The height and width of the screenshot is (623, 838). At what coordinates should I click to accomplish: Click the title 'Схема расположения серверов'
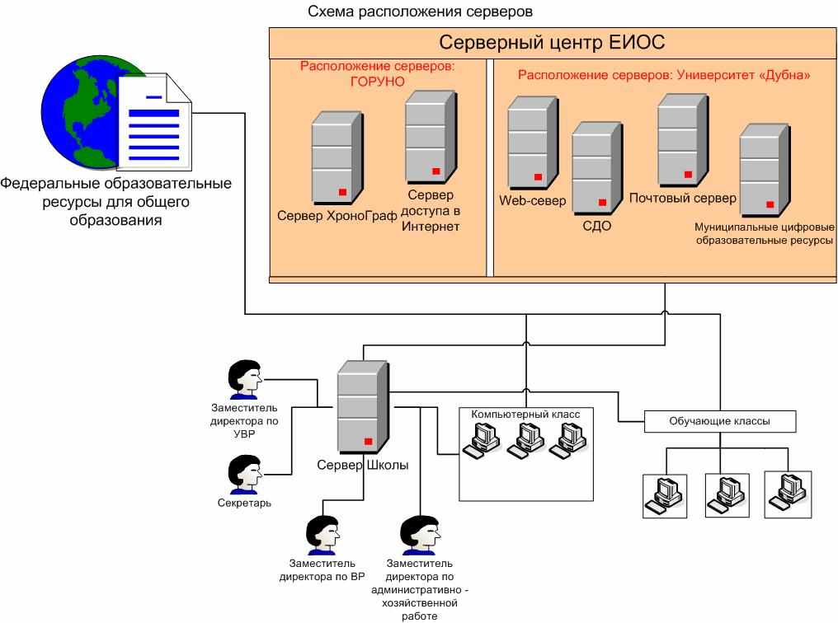click(x=420, y=12)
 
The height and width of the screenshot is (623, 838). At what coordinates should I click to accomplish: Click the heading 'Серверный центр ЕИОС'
click(x=552, y=42)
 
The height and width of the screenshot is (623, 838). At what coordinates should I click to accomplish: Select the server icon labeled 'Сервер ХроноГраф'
click(x=337, y=158)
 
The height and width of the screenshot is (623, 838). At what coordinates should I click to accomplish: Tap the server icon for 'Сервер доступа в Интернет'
click(x=431, y=137)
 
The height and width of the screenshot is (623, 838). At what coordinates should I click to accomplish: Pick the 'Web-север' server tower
click(x=533, y=143)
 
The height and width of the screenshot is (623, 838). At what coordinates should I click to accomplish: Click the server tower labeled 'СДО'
click(x=597, y=168)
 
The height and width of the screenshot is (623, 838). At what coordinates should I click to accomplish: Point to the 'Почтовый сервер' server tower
click(x=683, y=140)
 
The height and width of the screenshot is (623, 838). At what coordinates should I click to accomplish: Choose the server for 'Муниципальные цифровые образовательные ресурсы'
click(x=765, y=171)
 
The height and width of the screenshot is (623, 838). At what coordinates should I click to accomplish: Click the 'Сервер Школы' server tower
click(x=363, y=407)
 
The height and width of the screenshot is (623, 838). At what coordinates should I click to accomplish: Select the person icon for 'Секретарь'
click(x=245, y=474)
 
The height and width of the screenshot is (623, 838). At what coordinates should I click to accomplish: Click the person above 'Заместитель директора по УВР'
click(x=245, y=380)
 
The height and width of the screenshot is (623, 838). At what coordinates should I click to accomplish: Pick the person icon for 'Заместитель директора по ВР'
click(x=322, y=534)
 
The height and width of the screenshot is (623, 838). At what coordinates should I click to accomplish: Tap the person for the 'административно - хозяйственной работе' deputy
click(x=420, y=534)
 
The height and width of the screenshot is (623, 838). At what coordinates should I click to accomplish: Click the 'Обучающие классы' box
click(x=720, y=421)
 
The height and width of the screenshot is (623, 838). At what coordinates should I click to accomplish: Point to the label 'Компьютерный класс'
click(x=525, y=415)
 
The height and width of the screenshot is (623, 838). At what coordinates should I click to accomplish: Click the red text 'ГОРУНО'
click(x=377, y=82)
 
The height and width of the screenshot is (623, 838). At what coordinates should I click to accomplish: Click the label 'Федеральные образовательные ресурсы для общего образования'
click(x=115, y=202)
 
